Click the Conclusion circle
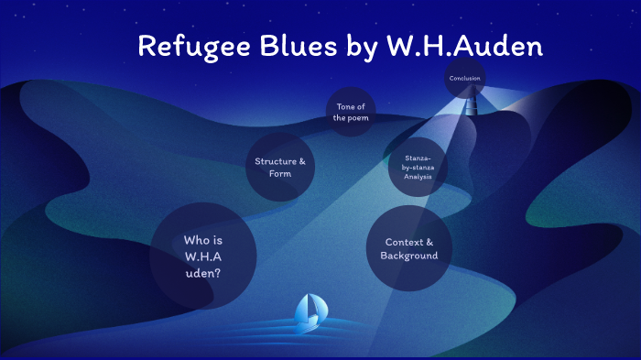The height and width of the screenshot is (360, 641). point(465,78)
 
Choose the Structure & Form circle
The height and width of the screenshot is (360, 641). point(279,167)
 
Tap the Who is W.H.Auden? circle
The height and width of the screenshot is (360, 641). point(202,256)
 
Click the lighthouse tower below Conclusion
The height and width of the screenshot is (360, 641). point(470,104)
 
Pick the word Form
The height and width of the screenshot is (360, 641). point(279,173)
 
